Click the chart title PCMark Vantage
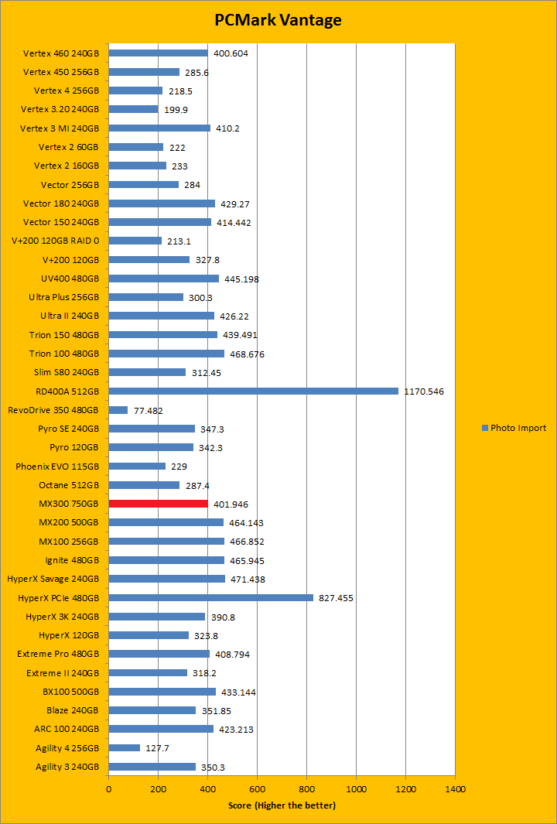click(278, 20)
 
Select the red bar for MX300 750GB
click(159, 504)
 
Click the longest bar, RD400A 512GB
click(253, 391)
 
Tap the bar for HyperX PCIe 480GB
click(210, 597)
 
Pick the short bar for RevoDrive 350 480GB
click(118, 410)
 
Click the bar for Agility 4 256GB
click(125, 747)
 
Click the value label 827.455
click(337, 598)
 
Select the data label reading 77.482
click(149, 411)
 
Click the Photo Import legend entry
click(514, 428)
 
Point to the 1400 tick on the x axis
click(455, 789)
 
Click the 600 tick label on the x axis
click(257, 789)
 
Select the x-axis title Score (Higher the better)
click(282, 805)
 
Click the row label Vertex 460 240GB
click(61, 53)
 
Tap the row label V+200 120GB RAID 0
click(56, 241)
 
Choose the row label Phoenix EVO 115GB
click(57, 467)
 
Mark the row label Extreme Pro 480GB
click(58, 654)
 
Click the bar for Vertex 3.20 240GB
click(133, 109)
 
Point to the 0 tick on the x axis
click(108, 789)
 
